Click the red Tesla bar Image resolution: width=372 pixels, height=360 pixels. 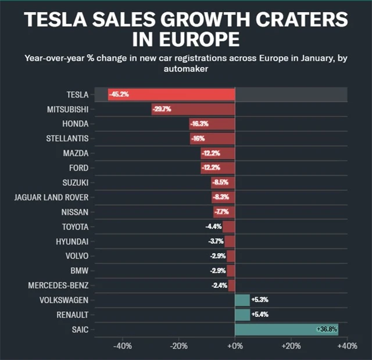[x=171, y=94]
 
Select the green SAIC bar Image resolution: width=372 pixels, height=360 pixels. [x=286, y=329]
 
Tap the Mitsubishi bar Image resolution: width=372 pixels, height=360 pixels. [x=193, y=109]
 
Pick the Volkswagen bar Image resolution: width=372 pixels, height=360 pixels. [x=242, y=300]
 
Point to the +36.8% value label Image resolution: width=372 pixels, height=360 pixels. [x=327, y=329]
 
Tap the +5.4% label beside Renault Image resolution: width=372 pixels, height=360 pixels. [x=260, y=315]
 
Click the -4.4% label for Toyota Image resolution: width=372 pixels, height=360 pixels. [x=213, y=226]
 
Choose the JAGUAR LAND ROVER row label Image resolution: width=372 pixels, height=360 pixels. [x=51, y=197]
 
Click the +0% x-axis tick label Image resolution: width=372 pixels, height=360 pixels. [x=235, y=347]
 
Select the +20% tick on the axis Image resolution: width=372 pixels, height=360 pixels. [x=291, y=347]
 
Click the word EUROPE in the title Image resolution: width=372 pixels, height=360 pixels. [x=199, y=40]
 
